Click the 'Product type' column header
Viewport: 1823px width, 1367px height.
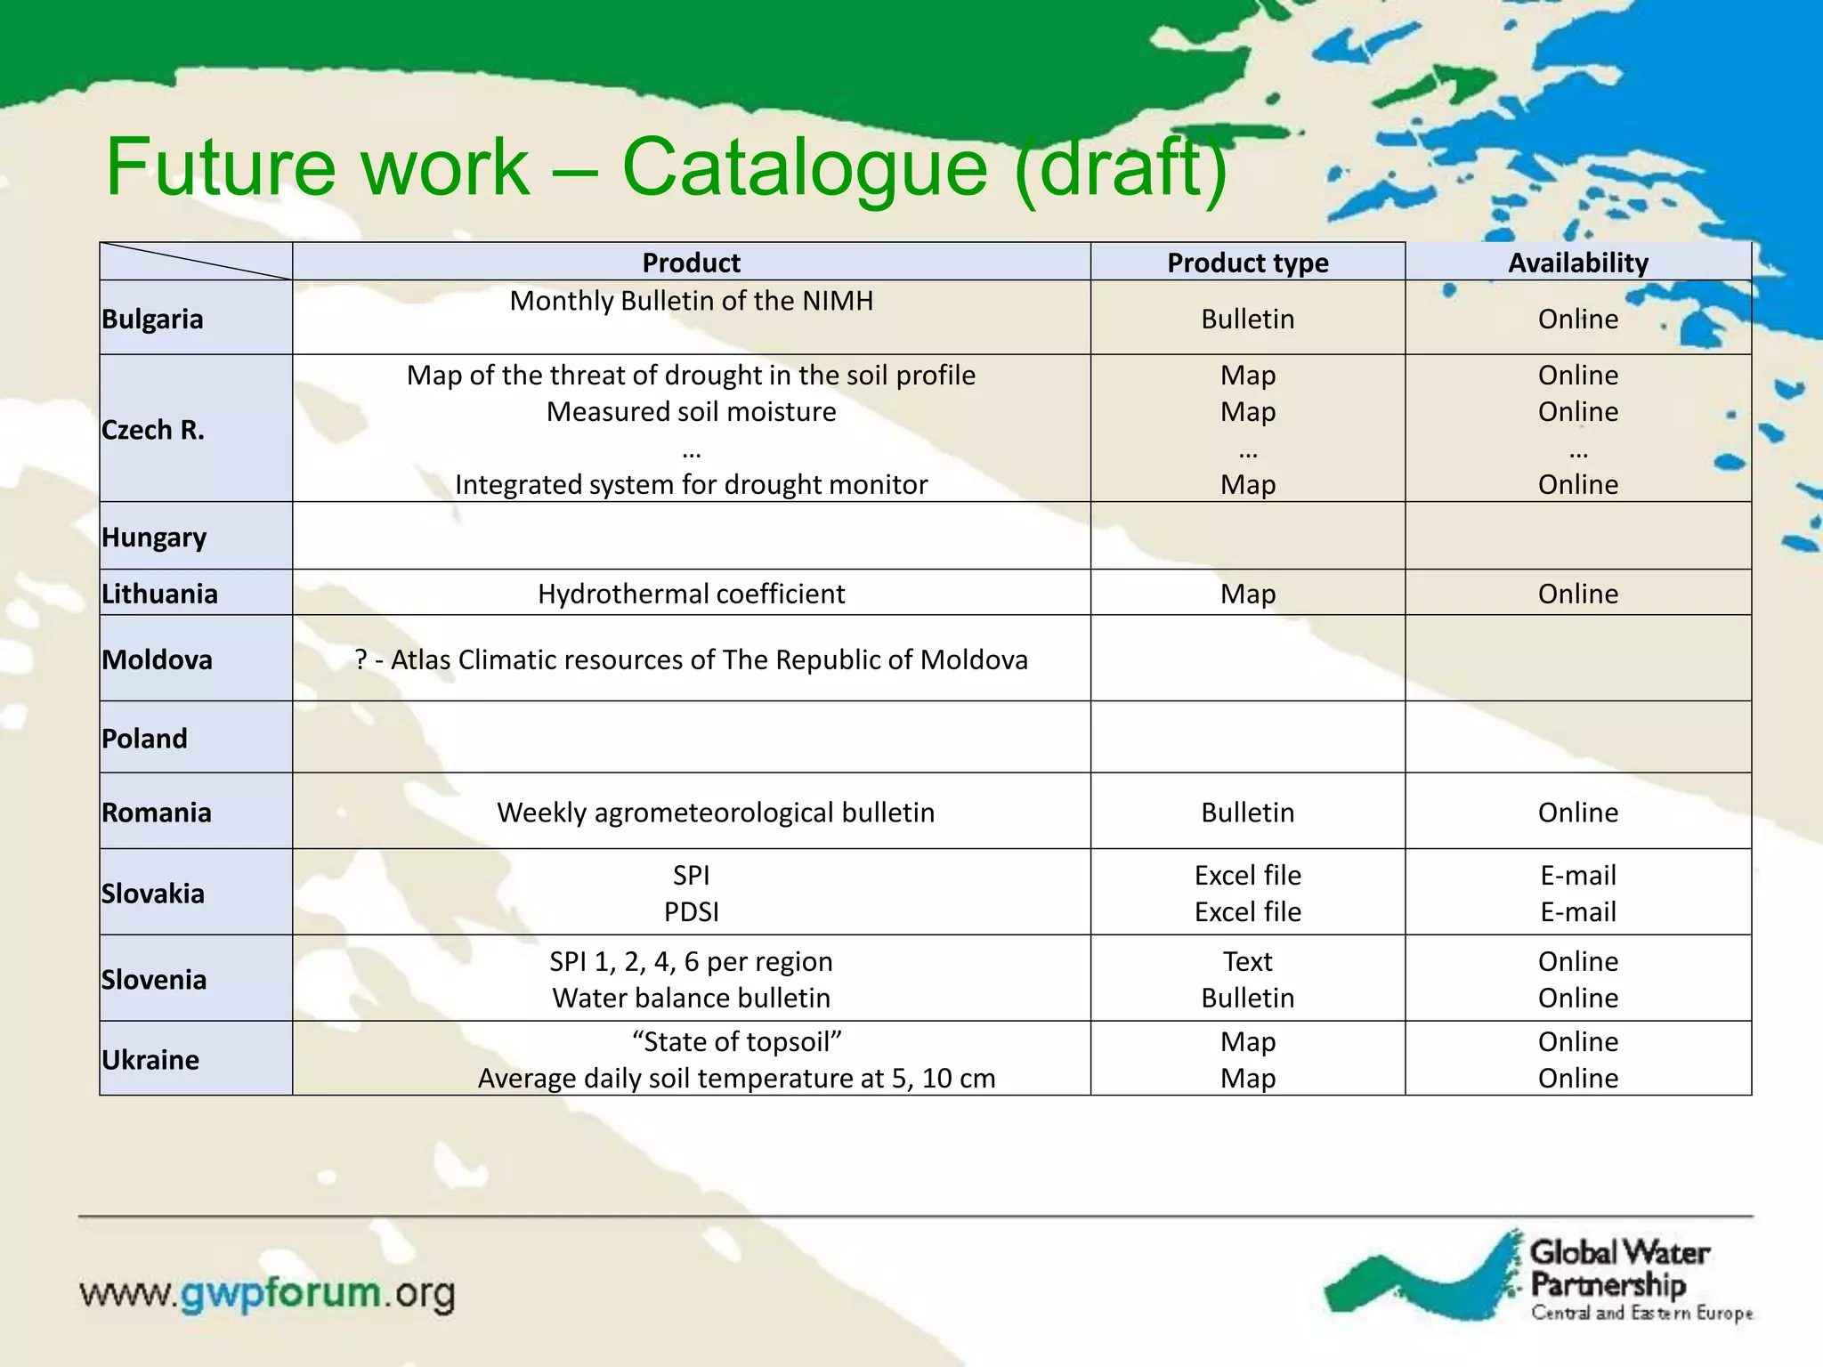point(1247,263)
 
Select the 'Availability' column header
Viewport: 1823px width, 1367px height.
point(1577,263)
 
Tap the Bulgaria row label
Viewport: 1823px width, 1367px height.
point(152,319)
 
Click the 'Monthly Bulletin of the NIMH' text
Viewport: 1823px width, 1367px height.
point(691,301)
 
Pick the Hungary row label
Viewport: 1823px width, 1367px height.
point(154,537)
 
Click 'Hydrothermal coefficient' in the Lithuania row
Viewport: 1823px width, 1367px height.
point(691,594)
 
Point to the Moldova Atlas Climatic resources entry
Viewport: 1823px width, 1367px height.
point(691,659)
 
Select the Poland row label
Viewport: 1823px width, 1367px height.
point(144,738)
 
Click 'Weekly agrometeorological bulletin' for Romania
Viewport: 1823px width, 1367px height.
point(715,813)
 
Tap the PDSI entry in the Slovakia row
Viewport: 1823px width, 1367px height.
point(691,912)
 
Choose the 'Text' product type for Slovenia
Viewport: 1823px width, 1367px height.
point(1247,961)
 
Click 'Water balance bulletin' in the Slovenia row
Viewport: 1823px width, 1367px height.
point(691,998)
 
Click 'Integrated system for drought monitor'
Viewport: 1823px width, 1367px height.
point(691,484)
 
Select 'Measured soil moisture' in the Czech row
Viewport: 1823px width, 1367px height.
point(691,411)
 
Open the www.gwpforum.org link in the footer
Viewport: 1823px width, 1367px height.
point(267,1293)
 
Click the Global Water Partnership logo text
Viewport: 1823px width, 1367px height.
point(1618,1268)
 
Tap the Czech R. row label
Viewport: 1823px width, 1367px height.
point(152,430)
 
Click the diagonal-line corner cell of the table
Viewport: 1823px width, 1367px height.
point(196,262)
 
